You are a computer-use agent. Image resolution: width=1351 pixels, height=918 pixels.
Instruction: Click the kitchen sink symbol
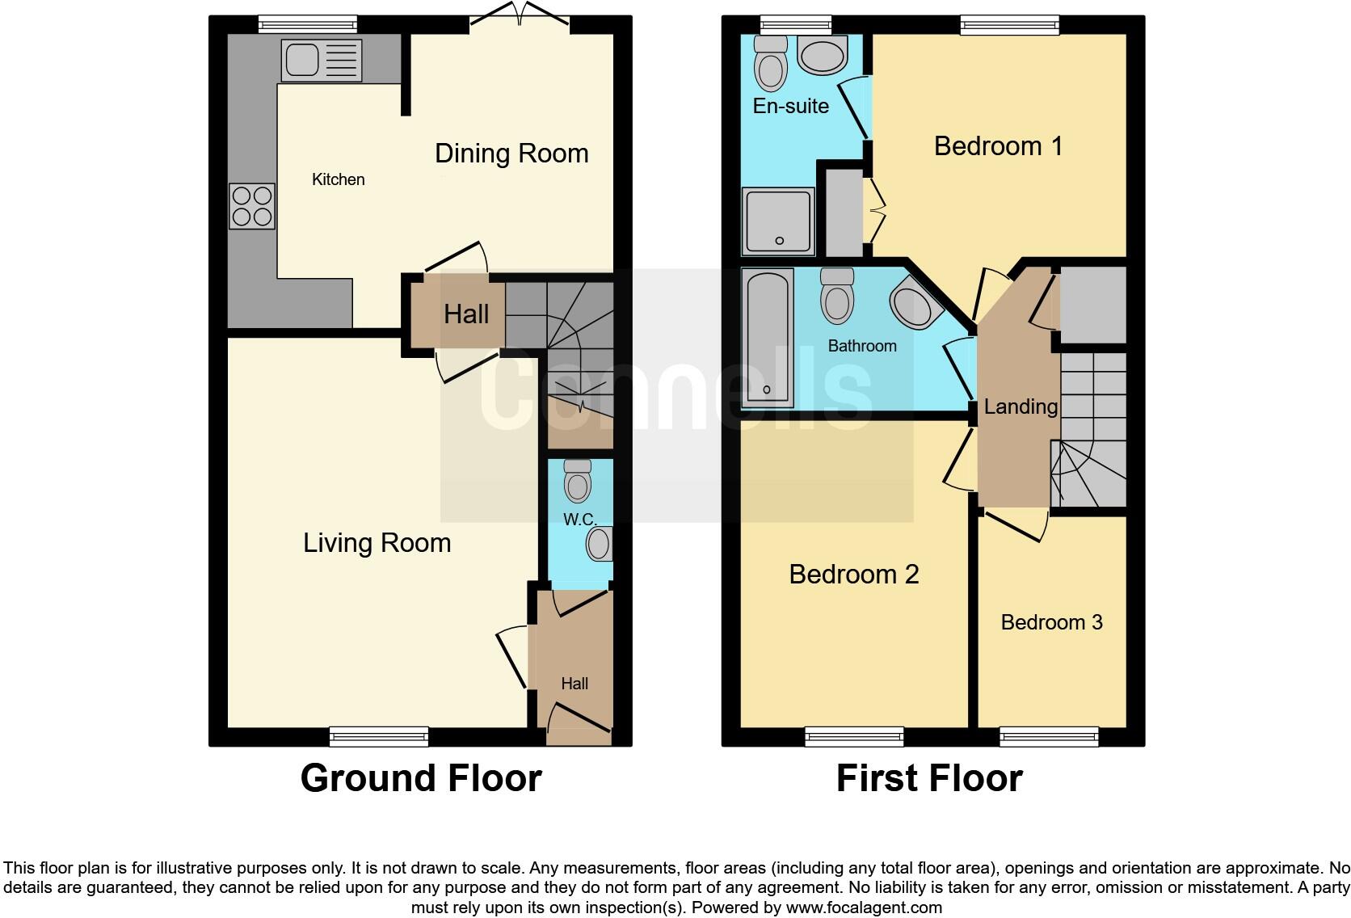click(321, 61)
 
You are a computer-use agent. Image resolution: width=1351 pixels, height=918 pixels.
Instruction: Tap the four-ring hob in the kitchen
click(252, 206)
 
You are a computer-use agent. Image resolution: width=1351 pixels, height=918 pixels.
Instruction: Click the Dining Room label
click(511, 154)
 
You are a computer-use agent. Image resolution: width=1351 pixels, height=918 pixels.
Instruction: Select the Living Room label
click(377, 543)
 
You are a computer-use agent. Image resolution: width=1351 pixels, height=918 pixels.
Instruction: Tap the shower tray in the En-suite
click(778, 221)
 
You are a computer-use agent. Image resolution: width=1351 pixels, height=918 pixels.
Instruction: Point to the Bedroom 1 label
click(998, 146)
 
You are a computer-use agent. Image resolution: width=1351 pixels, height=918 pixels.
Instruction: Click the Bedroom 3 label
click(1051, 622)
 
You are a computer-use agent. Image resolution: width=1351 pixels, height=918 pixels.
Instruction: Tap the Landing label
click(1021, 406)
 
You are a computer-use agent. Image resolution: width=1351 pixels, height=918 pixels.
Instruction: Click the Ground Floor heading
click(420, 778)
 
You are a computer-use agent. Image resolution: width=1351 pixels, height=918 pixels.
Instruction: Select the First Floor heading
click(929, 778)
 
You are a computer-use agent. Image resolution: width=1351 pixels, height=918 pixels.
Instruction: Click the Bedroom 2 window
click(854, 735)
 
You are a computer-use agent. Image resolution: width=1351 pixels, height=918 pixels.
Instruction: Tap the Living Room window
click(379, 735)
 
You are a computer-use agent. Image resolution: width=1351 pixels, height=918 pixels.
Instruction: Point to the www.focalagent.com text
click(863, 907)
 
